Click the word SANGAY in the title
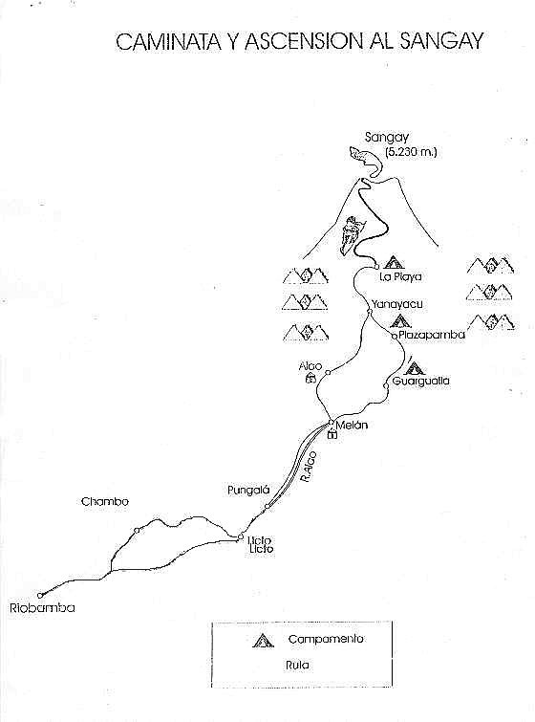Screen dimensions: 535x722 (441, 41)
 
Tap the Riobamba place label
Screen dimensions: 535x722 (42, 608)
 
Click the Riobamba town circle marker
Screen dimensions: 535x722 (40, 596)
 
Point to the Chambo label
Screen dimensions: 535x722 (105, 501)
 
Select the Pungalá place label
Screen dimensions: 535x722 (248, 490)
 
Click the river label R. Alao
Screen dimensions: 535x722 (309, 467)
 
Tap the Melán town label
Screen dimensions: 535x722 (352, 425)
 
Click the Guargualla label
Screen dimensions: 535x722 (420, 381)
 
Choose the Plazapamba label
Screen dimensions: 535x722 (432, 335)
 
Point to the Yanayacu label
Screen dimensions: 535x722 (397, 304)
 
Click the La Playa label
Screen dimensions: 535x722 (400, 276)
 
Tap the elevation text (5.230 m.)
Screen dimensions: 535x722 (411, 152)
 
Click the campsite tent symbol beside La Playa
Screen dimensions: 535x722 (394, 262)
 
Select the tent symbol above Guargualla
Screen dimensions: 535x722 (414, 367)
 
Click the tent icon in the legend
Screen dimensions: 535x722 (263, 641)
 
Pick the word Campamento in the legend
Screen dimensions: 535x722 (326, 639)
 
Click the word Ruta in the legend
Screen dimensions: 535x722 (297, 665)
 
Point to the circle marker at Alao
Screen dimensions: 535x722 (328, 372)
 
